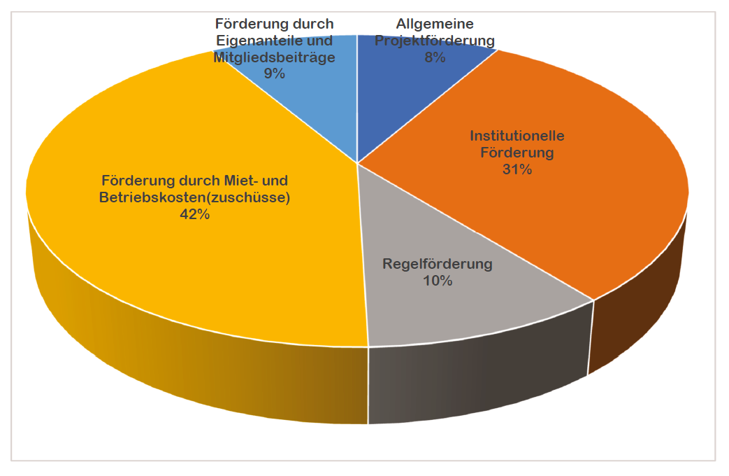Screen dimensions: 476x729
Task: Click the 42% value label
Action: [x=194, y=215]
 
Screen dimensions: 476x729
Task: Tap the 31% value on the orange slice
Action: [x=517, y=169]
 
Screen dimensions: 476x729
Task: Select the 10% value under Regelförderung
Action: [x=438, y=281]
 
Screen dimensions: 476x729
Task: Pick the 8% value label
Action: [x=435, y=58]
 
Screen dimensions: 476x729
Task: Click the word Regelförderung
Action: [x=438, y=265]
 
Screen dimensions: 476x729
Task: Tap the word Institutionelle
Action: [x=517, y=135]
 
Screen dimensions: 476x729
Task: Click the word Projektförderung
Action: [x=435, y=41]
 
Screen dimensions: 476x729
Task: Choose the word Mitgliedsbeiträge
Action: [x=274, y=57]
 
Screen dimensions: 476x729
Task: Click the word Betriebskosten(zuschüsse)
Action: [x=195, y=197]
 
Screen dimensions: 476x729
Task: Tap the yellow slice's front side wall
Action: [x=210, y=364]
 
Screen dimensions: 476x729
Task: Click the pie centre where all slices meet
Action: [x=357, y=163]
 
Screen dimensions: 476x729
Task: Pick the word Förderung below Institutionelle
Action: [x=517, y=152]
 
